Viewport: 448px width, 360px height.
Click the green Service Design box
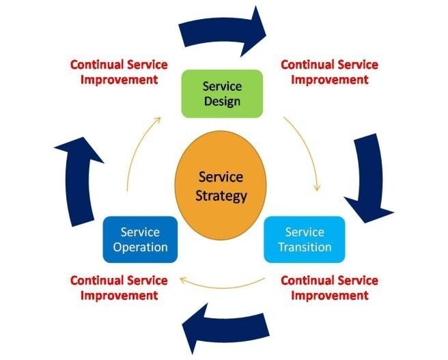click(x=223, y=94)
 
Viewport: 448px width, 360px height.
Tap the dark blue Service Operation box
click(x=140, y=239)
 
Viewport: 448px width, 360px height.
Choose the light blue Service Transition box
click(x=305, y=239)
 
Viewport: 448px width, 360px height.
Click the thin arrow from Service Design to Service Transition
click(x=307, y=150)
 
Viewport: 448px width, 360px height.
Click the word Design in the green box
click(x=223, y=102)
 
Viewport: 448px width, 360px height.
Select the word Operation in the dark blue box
click(x=140, y=247)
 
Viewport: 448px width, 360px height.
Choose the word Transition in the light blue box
click(x=305, y=247)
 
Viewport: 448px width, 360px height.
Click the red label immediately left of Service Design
click(x=119, y=72)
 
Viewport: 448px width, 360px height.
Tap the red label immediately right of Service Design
click(x=329, y=72)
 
